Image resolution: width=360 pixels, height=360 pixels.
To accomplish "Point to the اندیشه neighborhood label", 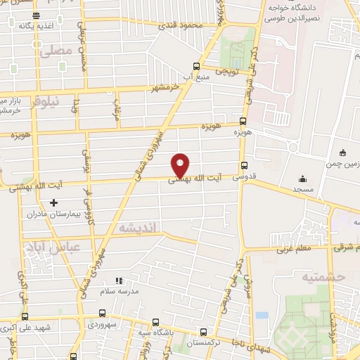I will [140, 227].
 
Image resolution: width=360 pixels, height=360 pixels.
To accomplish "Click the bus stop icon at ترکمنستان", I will [204, 333].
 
